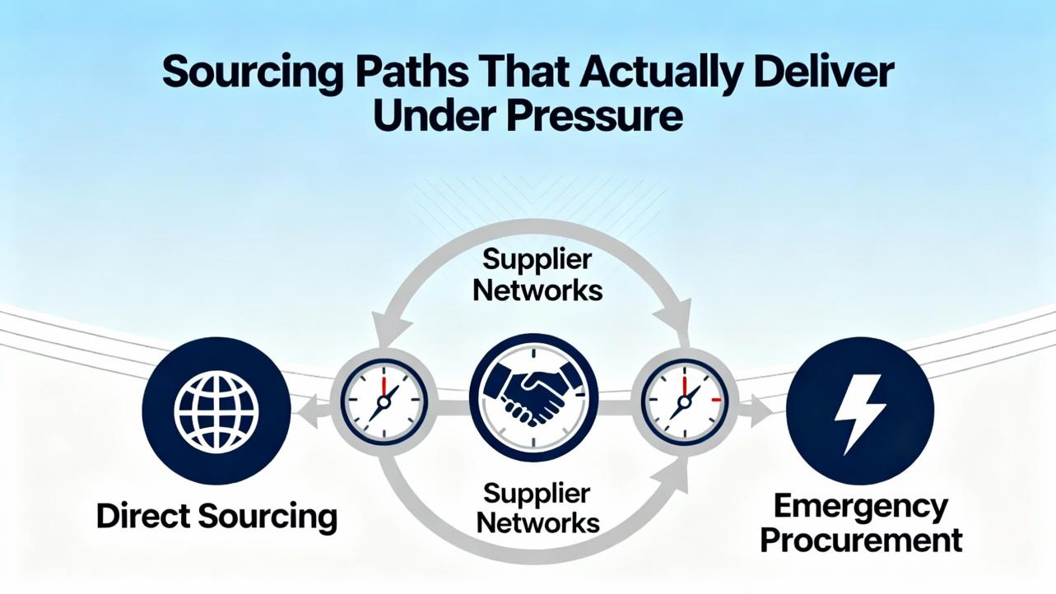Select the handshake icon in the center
533,397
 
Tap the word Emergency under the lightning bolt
861,507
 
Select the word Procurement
861,541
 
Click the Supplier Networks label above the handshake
537,275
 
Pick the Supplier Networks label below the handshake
537,507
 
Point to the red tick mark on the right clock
715,400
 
